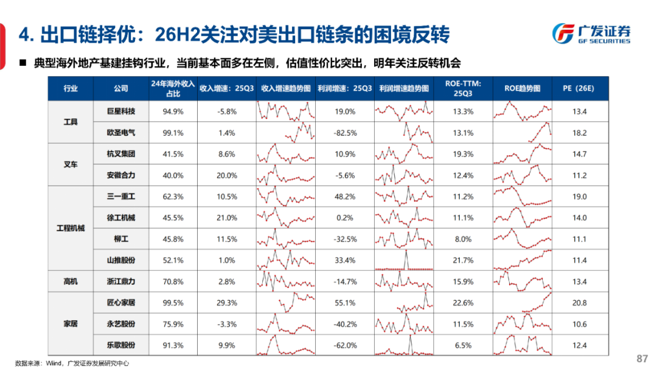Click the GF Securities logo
(591, 33)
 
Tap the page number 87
(641, 357)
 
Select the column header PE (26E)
(579, 88)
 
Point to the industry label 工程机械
(71, 228)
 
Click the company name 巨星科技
(120, 111)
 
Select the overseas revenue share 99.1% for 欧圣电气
(173, 133)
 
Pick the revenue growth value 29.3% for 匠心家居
(226, 303)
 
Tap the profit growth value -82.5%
(345, 133)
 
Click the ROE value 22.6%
(463, 303)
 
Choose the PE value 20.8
(579, 303)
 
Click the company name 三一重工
(120, 197)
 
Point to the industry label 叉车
(71, 165)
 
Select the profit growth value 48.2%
(345, 197)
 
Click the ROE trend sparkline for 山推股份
(522, 260)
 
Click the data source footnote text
(72, 363)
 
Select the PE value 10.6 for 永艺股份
(579, 324)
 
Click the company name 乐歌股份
(120, 346)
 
